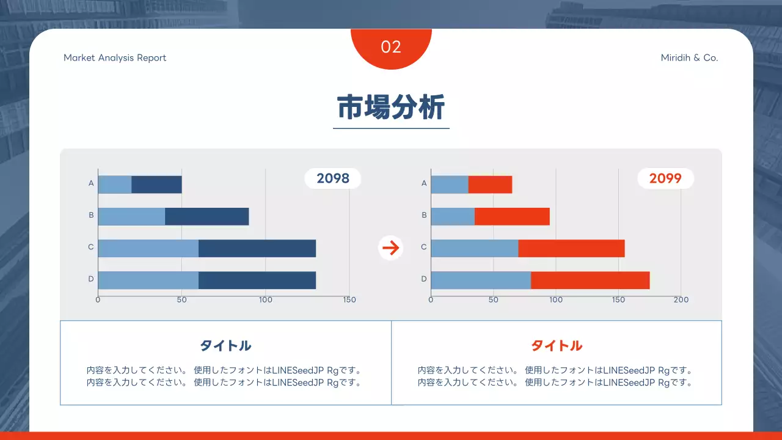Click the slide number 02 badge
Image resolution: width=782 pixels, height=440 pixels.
coord(391,47)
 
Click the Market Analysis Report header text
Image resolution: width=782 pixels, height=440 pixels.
coord(115,58)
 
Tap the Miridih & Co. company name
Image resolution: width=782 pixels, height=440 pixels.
coord(689,58)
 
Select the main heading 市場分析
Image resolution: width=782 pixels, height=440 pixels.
coord(391,108)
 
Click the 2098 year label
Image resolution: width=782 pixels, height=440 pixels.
coord(333,178)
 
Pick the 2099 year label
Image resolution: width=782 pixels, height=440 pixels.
coord(665,178)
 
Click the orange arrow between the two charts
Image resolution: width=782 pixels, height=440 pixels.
coord(390,248)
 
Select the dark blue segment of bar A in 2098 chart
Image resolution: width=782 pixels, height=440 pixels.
coord(156,185)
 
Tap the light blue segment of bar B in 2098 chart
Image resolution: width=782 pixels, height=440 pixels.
coord(131,216)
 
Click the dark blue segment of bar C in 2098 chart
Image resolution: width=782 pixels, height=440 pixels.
coord(257,248)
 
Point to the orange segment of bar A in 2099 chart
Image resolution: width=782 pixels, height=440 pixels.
coord(490,185)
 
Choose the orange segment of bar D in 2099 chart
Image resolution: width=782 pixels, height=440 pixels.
coord(590,280)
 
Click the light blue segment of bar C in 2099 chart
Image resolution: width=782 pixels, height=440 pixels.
coord(475,248)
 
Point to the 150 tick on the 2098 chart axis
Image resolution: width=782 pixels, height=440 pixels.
coord(349,300)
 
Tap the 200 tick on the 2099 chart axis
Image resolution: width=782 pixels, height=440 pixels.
coord(681,300)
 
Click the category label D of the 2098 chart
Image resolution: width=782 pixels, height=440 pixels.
coord(91,279)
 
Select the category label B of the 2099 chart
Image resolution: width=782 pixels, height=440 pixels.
coord(424,215)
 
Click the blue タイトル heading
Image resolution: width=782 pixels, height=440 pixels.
coord(225,345)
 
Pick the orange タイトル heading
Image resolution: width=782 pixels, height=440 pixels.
coord(557,345)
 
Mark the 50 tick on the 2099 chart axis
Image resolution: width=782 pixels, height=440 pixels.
coord(494,300)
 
